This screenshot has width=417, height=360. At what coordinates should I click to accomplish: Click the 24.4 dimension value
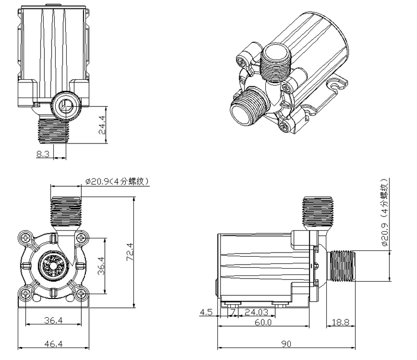(x=102, y=125)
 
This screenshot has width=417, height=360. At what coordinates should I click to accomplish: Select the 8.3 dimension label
(x=44, y=154)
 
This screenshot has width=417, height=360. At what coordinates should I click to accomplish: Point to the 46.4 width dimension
(x=53, y=344)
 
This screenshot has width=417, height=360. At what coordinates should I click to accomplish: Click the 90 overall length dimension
(x=286, y=344)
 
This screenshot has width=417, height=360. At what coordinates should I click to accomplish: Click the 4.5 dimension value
(x=206, y=313)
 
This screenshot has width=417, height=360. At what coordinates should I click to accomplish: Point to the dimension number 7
(x=233, y=313)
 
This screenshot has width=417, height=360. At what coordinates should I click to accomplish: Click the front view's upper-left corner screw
(x=26, y=238)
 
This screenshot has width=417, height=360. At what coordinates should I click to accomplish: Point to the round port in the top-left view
(x=65, y=104)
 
